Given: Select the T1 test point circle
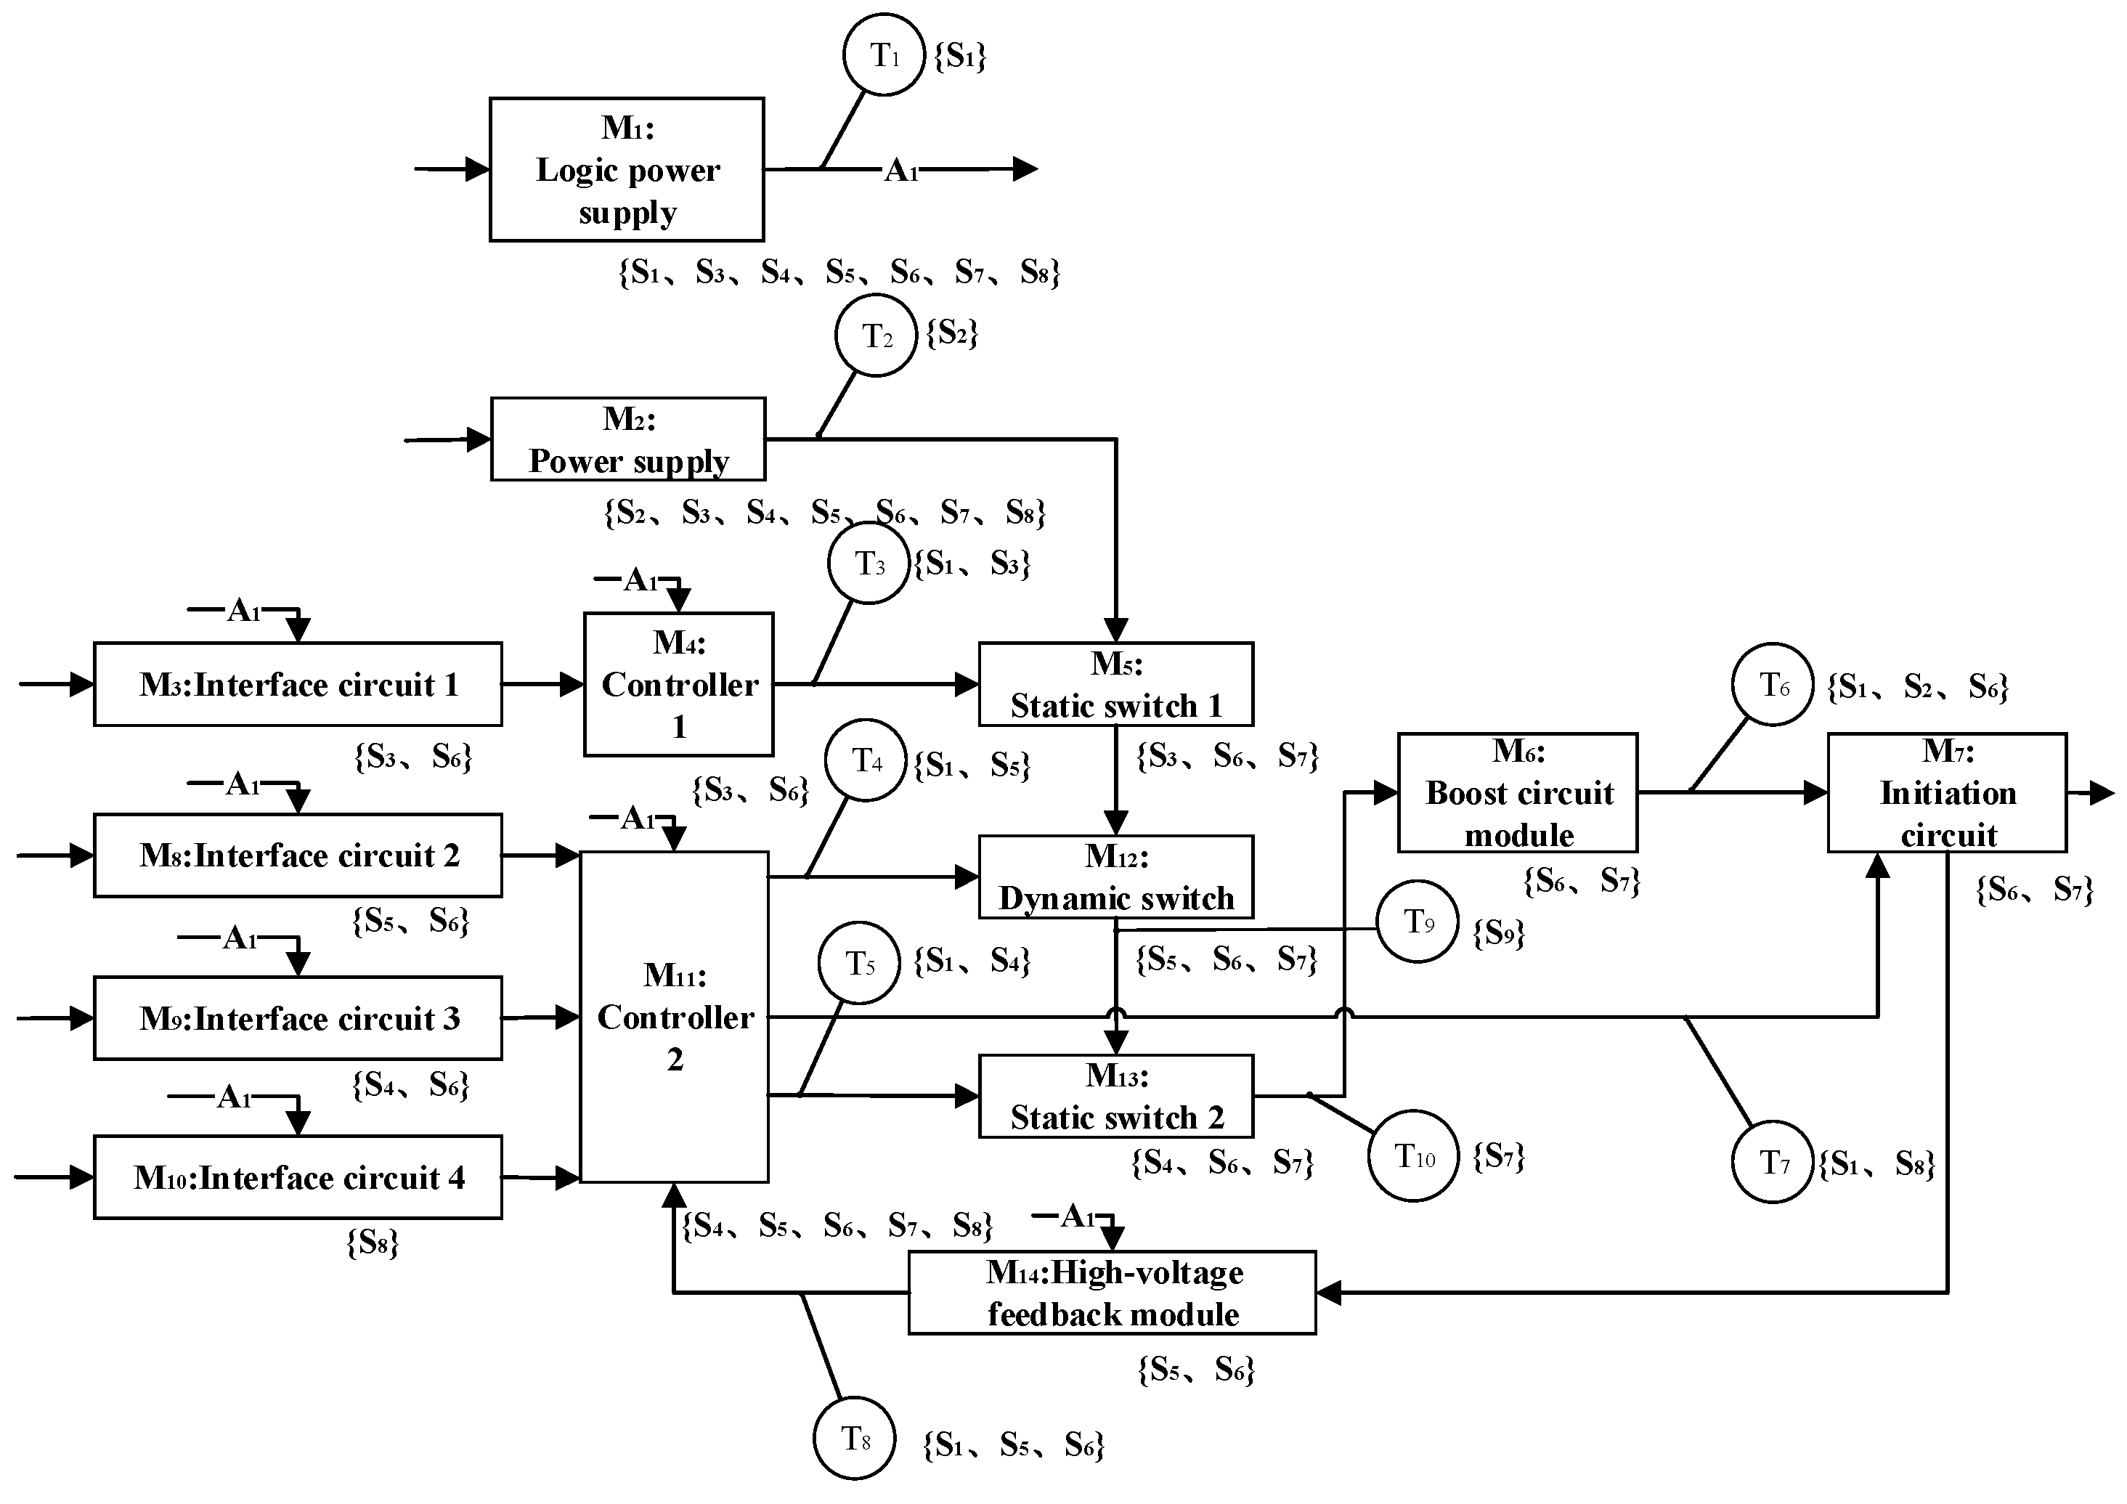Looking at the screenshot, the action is pos(884,54).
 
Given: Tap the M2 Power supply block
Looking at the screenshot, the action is pos(627,439).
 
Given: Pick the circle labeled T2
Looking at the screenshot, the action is pos(876,336).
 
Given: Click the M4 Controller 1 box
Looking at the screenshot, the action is pos(678,684).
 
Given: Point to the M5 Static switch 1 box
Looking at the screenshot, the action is pos(1115,684).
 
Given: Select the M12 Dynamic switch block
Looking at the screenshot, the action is pos(1115,877).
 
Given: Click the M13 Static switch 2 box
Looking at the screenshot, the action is pos(1115,1097).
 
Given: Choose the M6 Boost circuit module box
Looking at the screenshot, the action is pos(1518,792).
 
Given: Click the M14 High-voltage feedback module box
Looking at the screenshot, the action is pos(1112,1293).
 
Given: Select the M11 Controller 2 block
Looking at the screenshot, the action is pos(675,1017).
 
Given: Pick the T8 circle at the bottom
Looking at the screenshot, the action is pos(854,1437).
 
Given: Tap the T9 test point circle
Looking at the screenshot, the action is pos(1418,921).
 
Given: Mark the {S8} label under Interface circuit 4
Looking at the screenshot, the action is pos(373,1243).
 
